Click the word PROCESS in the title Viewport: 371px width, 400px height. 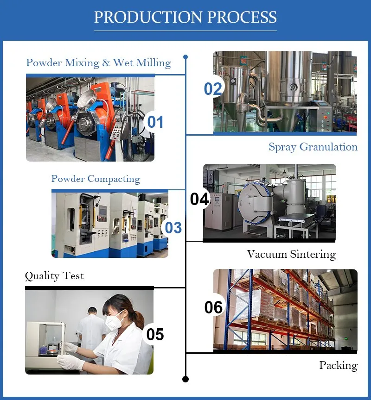point(242,17)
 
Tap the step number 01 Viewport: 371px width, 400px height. point(155,122)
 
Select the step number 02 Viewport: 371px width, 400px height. point(213,89)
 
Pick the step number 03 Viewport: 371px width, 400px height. point(173,227)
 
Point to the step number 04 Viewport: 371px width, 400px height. point(200,199)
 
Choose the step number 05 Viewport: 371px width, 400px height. point(155,334)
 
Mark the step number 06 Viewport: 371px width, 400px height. point(214,307)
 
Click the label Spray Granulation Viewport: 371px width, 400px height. point(313,147)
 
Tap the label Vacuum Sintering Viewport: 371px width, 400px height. point(291,254)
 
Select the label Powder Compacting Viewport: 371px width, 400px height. point(96,179)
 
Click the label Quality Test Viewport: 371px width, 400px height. point(54,276)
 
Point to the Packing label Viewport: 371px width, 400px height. point(338,365)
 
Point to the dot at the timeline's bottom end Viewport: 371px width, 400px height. point(185,379)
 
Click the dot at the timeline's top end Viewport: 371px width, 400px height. point(185,57)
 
